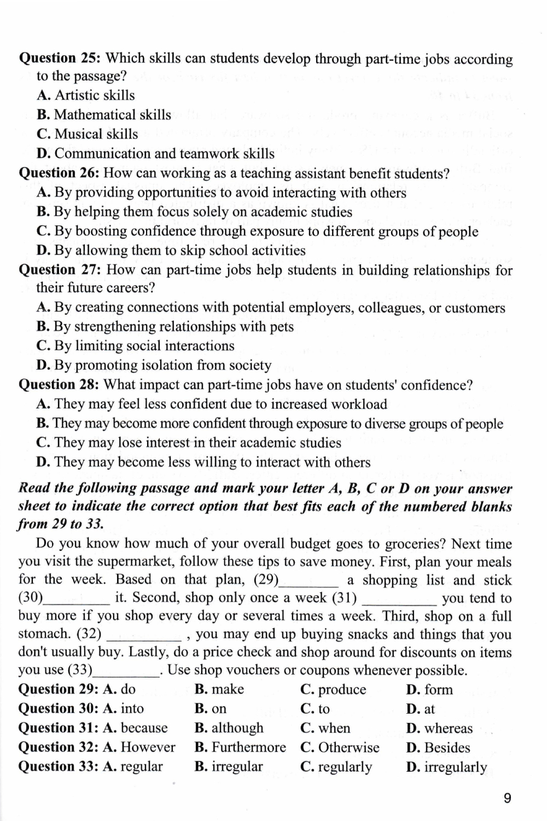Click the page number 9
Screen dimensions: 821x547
(x=507, y=799)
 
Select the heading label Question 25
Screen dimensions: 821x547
(x=59, y=59)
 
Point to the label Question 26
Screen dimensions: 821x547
(x=59, y=174)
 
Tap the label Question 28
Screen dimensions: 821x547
(x=59, y=385)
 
